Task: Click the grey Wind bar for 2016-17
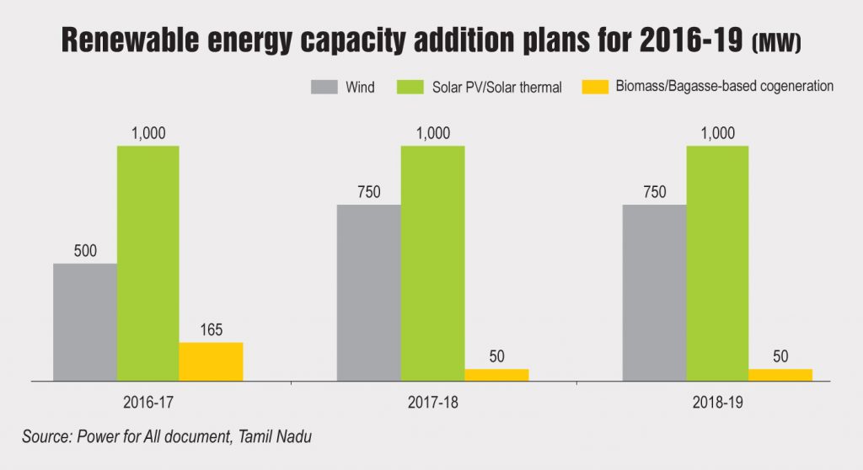85,322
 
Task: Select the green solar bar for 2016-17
148,263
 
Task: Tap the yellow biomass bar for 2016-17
211,361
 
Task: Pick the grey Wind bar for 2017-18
369,292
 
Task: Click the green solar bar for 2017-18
432,263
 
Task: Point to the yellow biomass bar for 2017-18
496,375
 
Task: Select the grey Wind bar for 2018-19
654,292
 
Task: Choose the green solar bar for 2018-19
718,263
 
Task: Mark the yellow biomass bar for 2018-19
780,375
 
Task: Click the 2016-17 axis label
148,403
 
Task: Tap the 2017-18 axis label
432,403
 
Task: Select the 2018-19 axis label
717,403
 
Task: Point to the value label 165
211,329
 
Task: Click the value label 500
85,250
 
